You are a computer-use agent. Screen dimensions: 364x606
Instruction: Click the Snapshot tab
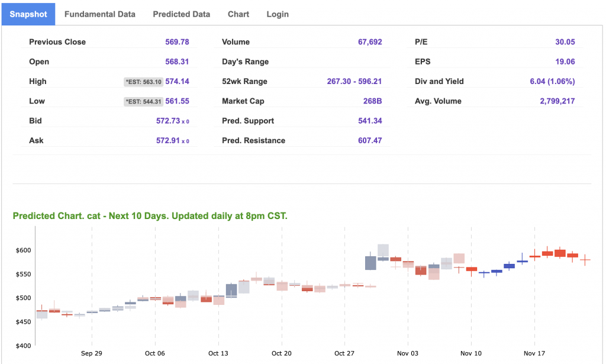coord(28,14)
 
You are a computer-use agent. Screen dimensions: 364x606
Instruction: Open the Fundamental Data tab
coord(99,14)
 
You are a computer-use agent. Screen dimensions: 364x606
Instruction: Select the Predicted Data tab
coord(181,14)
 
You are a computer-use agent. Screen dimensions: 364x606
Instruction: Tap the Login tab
coord(278,14)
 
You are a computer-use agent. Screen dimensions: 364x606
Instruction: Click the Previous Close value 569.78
coord(177,42)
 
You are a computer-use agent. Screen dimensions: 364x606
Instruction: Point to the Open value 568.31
coord(177,62)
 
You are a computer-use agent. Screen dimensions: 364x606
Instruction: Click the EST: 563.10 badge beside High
coord(143,82)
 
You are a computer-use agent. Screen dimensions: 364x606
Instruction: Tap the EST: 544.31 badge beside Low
coord(143,101)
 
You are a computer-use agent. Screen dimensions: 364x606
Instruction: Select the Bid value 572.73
coord(174,121)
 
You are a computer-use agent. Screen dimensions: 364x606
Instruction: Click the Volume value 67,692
coord(370,42)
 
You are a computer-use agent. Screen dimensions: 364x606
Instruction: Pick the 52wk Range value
coord(354,82)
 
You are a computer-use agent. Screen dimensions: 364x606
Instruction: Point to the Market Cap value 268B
coord(372,101)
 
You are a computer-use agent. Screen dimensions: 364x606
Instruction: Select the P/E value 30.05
coord(565,42)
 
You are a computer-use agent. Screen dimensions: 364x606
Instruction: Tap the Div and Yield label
coord(439,82)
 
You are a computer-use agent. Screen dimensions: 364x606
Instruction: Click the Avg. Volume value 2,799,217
coord(557,101)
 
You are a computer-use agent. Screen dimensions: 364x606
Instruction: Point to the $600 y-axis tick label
coord(23,250)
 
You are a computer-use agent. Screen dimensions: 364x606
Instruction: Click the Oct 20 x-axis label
coord(281,353)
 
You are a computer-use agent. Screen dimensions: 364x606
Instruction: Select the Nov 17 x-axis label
coord(534,353)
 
